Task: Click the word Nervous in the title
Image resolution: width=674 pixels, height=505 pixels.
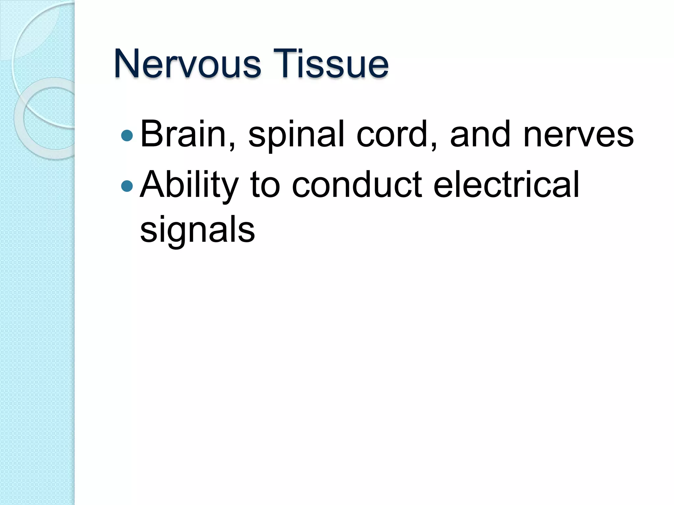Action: (188, 64)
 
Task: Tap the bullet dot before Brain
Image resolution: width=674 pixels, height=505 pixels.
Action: (127, 135)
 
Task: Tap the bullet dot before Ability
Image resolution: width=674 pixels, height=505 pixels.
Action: (127, 186)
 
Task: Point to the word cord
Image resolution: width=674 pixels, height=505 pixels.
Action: (393, 134)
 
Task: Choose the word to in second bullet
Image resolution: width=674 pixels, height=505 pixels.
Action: (265, 186)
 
